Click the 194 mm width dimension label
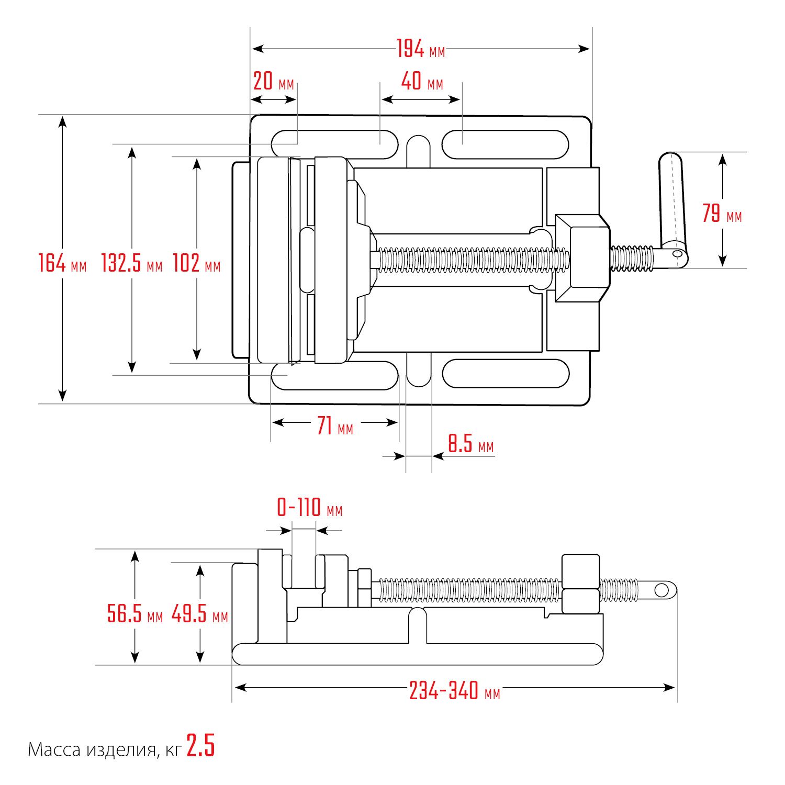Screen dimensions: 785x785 [x=421, y=49]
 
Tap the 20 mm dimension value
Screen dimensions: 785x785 [x=274, y=82]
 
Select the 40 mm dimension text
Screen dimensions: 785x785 [x=422, y=82]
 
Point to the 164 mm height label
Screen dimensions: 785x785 [x=62, y=263]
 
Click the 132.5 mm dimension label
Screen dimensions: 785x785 [x=132, y=263]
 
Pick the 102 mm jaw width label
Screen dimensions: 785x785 [x=197, y=263]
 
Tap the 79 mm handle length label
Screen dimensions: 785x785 [x=722, y=214]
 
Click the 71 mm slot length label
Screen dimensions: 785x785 [x=335, y=426]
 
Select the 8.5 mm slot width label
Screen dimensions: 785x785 [x=470, y=444]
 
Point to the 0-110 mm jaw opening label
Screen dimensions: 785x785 [x=309, y=508]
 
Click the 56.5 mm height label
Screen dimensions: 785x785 [x=135, y=613]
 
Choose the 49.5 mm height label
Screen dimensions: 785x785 [x=200, y=613]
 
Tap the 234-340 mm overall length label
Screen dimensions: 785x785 [x=455, y=691]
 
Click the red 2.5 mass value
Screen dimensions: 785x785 [x=201, y=746]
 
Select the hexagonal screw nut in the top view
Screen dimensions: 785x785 [x=582, y=257]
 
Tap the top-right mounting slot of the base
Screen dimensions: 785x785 [x=506, y=144]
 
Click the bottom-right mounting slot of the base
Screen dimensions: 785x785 [x=506, y=373]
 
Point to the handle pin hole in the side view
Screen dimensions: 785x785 [x=661, y=590]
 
